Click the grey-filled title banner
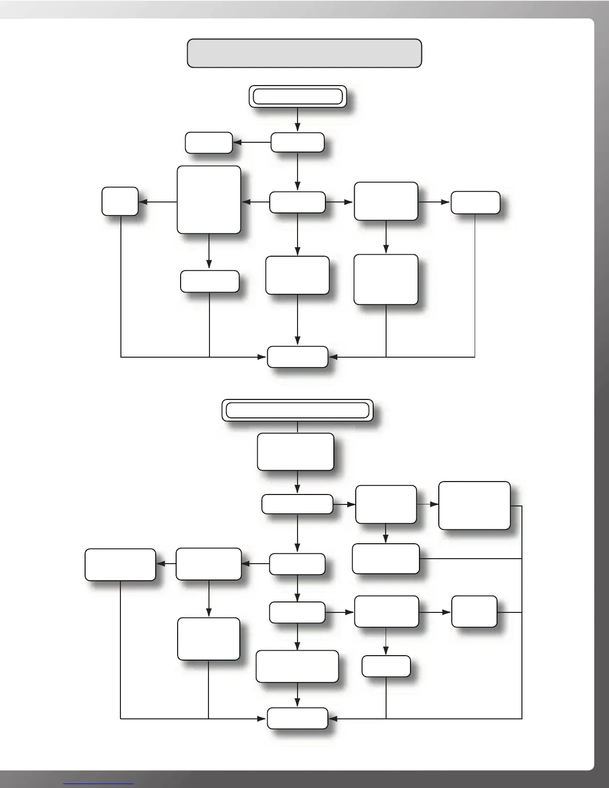[x=304, y=53]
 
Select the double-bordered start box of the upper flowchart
[x=298, y=97]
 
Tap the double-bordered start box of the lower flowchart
[x=297, y=410]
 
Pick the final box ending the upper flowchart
[x=298, y=357]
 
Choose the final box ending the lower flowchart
[x=298, y=718]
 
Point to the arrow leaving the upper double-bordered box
[x=298, y=119]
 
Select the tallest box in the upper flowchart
[x=209, y=199]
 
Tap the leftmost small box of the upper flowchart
[x=120, y=201]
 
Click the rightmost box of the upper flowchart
[x=475, y=202]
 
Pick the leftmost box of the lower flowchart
[x=120, y=565]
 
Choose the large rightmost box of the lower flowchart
[x=474, y=505]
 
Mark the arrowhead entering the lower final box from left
[x=262, y=719]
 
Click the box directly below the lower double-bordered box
[x=296, y=452]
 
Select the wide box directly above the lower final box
[x=297, y=666]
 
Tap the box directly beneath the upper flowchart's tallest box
[x=209, y=281]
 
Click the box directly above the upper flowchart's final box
[x=298, y=275]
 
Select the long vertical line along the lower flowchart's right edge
[x=522, y=612]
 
